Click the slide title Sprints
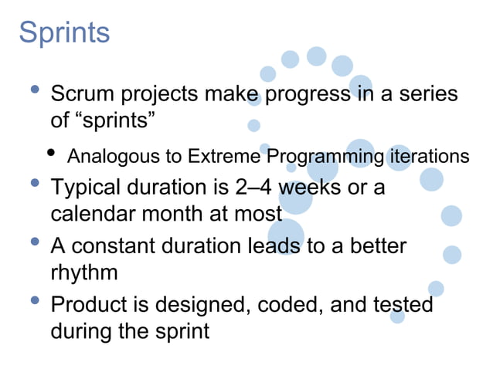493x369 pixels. (64, 32)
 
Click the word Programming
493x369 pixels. (325, 157)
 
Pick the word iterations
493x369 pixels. (427, 157)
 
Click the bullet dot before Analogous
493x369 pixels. (52, 153)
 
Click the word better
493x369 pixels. (376, 246)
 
